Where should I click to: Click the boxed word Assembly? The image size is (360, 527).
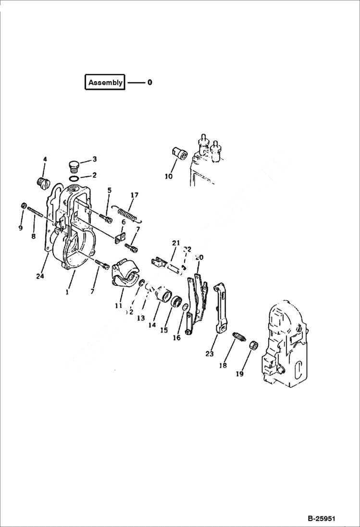tap(105, 82)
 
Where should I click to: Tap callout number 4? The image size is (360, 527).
tap(45, 159)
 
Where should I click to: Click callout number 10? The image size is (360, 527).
tap(168, 176)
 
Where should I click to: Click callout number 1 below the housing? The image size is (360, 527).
tap(67, 291)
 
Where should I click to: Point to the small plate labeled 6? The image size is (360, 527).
tap(120, 238)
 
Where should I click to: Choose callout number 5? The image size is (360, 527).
tap(110, 190)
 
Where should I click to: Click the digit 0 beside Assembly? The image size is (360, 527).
tap(150, 82)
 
